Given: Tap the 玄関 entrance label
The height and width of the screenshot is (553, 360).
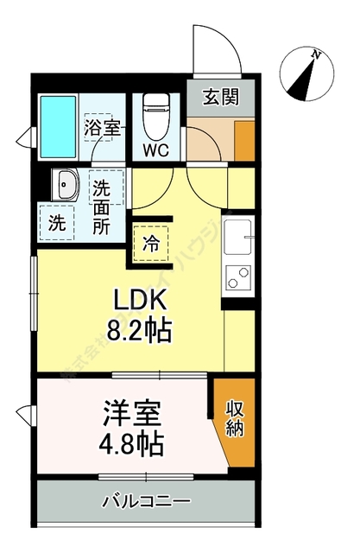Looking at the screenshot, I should (221, 98).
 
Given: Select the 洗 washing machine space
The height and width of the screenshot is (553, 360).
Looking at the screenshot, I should (57, 221).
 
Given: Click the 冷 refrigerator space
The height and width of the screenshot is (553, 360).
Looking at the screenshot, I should (151, 243).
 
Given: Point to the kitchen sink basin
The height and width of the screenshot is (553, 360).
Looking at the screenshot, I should (237, 234).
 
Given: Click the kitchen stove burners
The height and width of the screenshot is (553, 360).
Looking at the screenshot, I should (237, 278).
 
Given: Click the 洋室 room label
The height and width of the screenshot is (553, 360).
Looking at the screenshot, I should (131, 413).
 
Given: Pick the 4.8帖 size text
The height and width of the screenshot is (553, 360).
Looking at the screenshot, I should (131, 446).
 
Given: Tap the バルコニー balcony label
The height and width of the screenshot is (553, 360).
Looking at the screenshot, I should (145, 500).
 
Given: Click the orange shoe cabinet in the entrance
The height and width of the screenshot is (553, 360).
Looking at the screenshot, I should (244, 138).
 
